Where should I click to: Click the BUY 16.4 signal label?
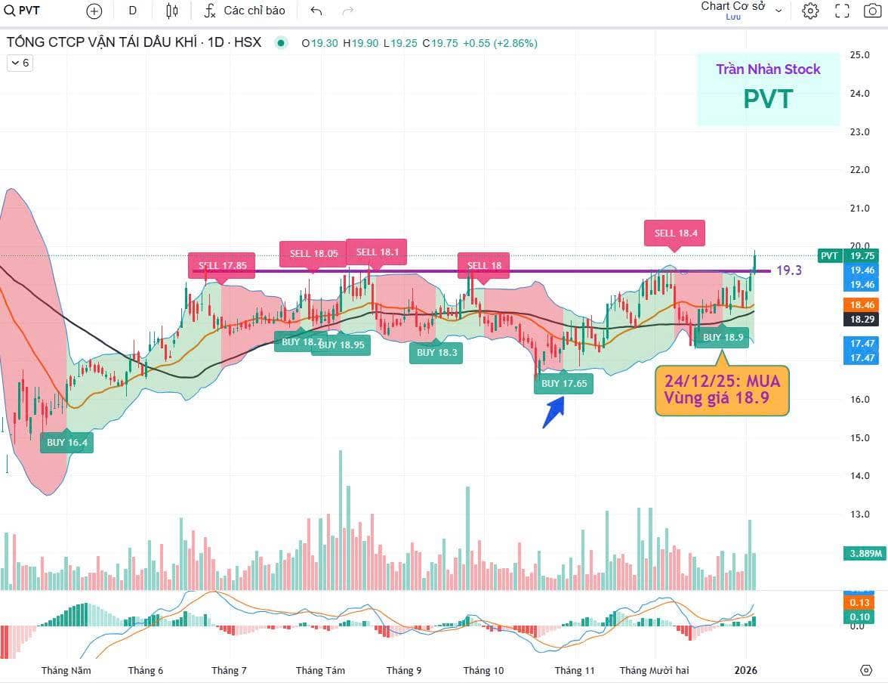(67, 442)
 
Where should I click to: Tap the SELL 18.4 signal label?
(675, 233)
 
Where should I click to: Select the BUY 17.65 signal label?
(563, 383)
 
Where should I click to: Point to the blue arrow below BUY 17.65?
(553, 413)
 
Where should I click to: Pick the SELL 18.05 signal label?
(310, 253)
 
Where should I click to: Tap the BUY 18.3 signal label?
(436, 352)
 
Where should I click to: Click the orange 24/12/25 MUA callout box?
(721, 389)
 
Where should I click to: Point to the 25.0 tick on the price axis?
(859, 55)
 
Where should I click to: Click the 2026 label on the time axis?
(746, 670)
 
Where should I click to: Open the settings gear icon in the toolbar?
(810, 11)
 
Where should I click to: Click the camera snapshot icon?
(872, 11)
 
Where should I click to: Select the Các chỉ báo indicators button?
(245, 11)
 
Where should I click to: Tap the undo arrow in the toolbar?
(316, 11)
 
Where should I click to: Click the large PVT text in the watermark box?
(768, 99)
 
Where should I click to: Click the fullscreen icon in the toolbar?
(842, 11)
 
